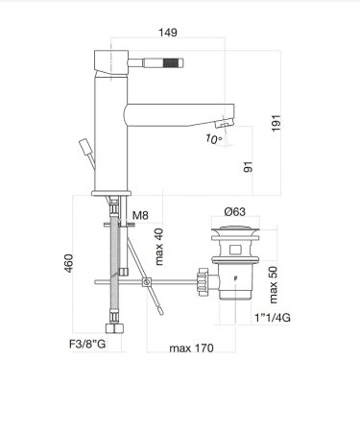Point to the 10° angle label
(x=213, y=139)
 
